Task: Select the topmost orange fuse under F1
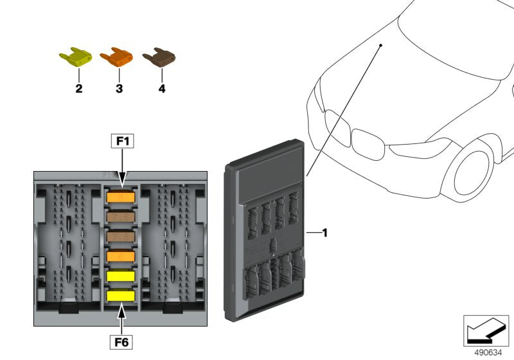coord(120,197)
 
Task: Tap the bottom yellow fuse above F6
coord(120,296)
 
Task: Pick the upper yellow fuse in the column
coord(120,276)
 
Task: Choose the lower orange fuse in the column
coord(120,256)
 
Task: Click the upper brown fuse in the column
coord(120,217)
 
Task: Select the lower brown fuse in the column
coord(120,237)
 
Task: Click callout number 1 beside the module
coord(324,233)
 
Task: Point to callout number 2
coord(78,89)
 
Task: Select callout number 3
coord(119,89)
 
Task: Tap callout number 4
coord(161,89)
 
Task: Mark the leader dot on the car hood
coord(380,46)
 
